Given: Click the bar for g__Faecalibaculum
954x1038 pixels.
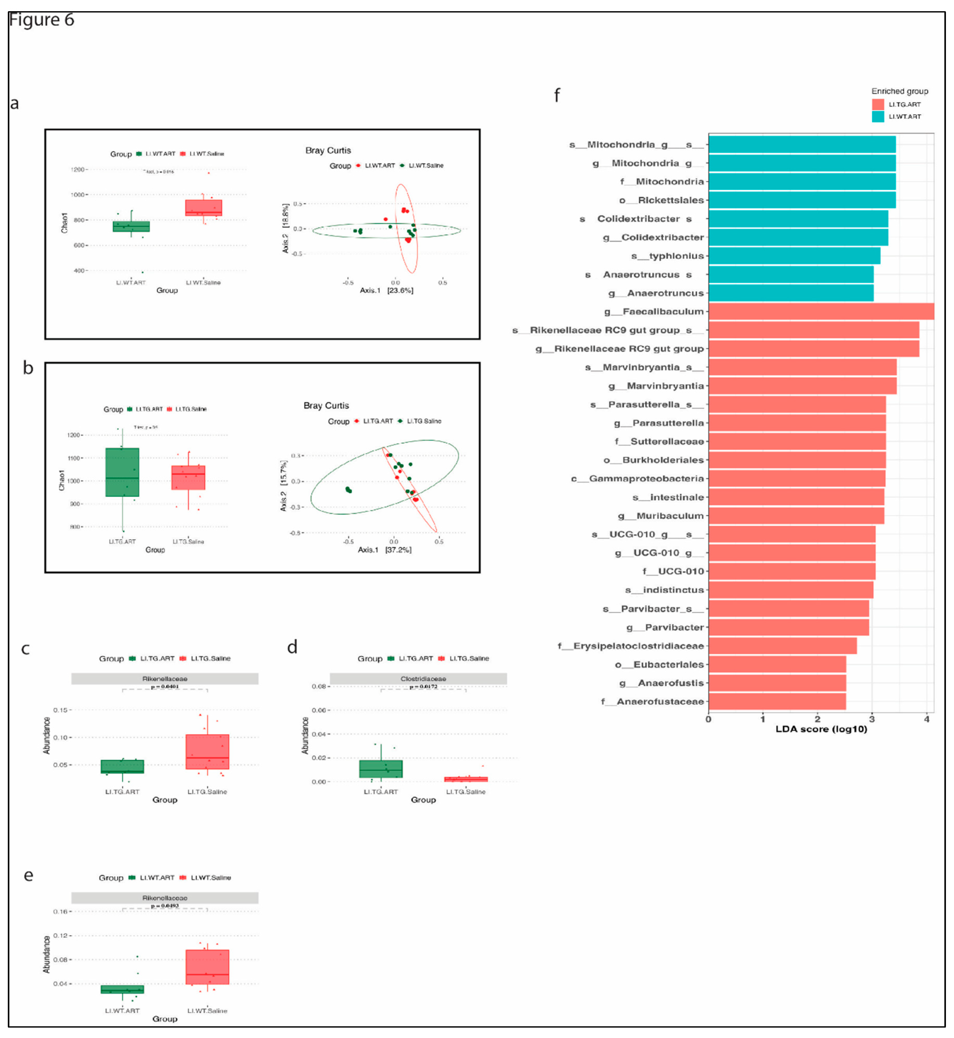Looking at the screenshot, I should (x=821, y=311).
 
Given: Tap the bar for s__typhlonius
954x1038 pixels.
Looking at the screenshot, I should (x=794, y=256).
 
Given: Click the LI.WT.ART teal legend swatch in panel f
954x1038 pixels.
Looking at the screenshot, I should (x=877, y=116).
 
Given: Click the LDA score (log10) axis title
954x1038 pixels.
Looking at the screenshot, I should (x=821, y=729).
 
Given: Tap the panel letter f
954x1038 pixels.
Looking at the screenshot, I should (x=556, y=95).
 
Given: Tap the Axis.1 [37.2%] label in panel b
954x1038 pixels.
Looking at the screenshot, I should (x=385, y=550).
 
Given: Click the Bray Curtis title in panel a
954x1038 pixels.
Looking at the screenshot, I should (x=328, y=150).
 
